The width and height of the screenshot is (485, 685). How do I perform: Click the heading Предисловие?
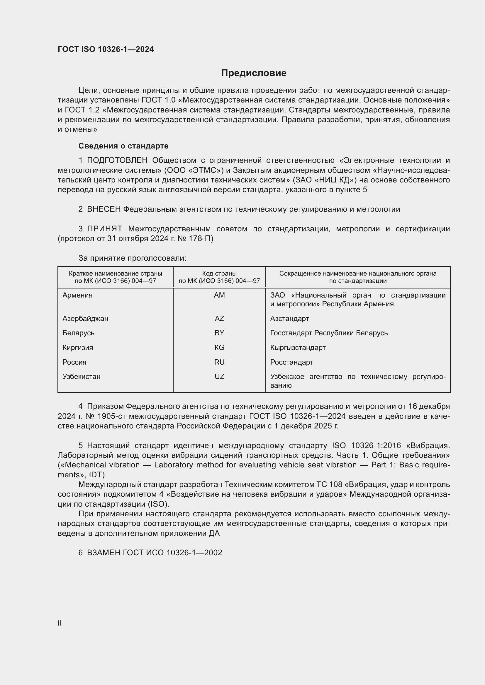(254, 73)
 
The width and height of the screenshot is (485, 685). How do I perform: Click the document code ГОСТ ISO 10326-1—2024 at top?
(106, 49)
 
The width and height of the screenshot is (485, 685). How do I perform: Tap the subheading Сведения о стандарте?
(123, 146)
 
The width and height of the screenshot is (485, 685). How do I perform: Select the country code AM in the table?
(219, 295)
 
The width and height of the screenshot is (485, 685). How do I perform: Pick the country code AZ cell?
(219, 318)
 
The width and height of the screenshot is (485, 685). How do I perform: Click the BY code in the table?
(219, 333)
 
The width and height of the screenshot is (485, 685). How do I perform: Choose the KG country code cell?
(219, 348)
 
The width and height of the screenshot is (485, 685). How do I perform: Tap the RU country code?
(219, 362)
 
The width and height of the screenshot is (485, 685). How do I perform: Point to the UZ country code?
(219, 377)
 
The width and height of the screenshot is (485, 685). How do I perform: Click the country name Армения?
(78, 295)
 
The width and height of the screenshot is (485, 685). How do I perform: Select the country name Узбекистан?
(82, 377)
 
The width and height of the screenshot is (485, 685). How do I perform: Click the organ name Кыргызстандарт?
(298, 348)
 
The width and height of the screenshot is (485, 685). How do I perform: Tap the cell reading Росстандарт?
(291, 362)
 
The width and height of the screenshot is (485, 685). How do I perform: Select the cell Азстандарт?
(289, 318)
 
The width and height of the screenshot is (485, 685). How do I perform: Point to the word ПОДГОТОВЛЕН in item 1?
(117, 160)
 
